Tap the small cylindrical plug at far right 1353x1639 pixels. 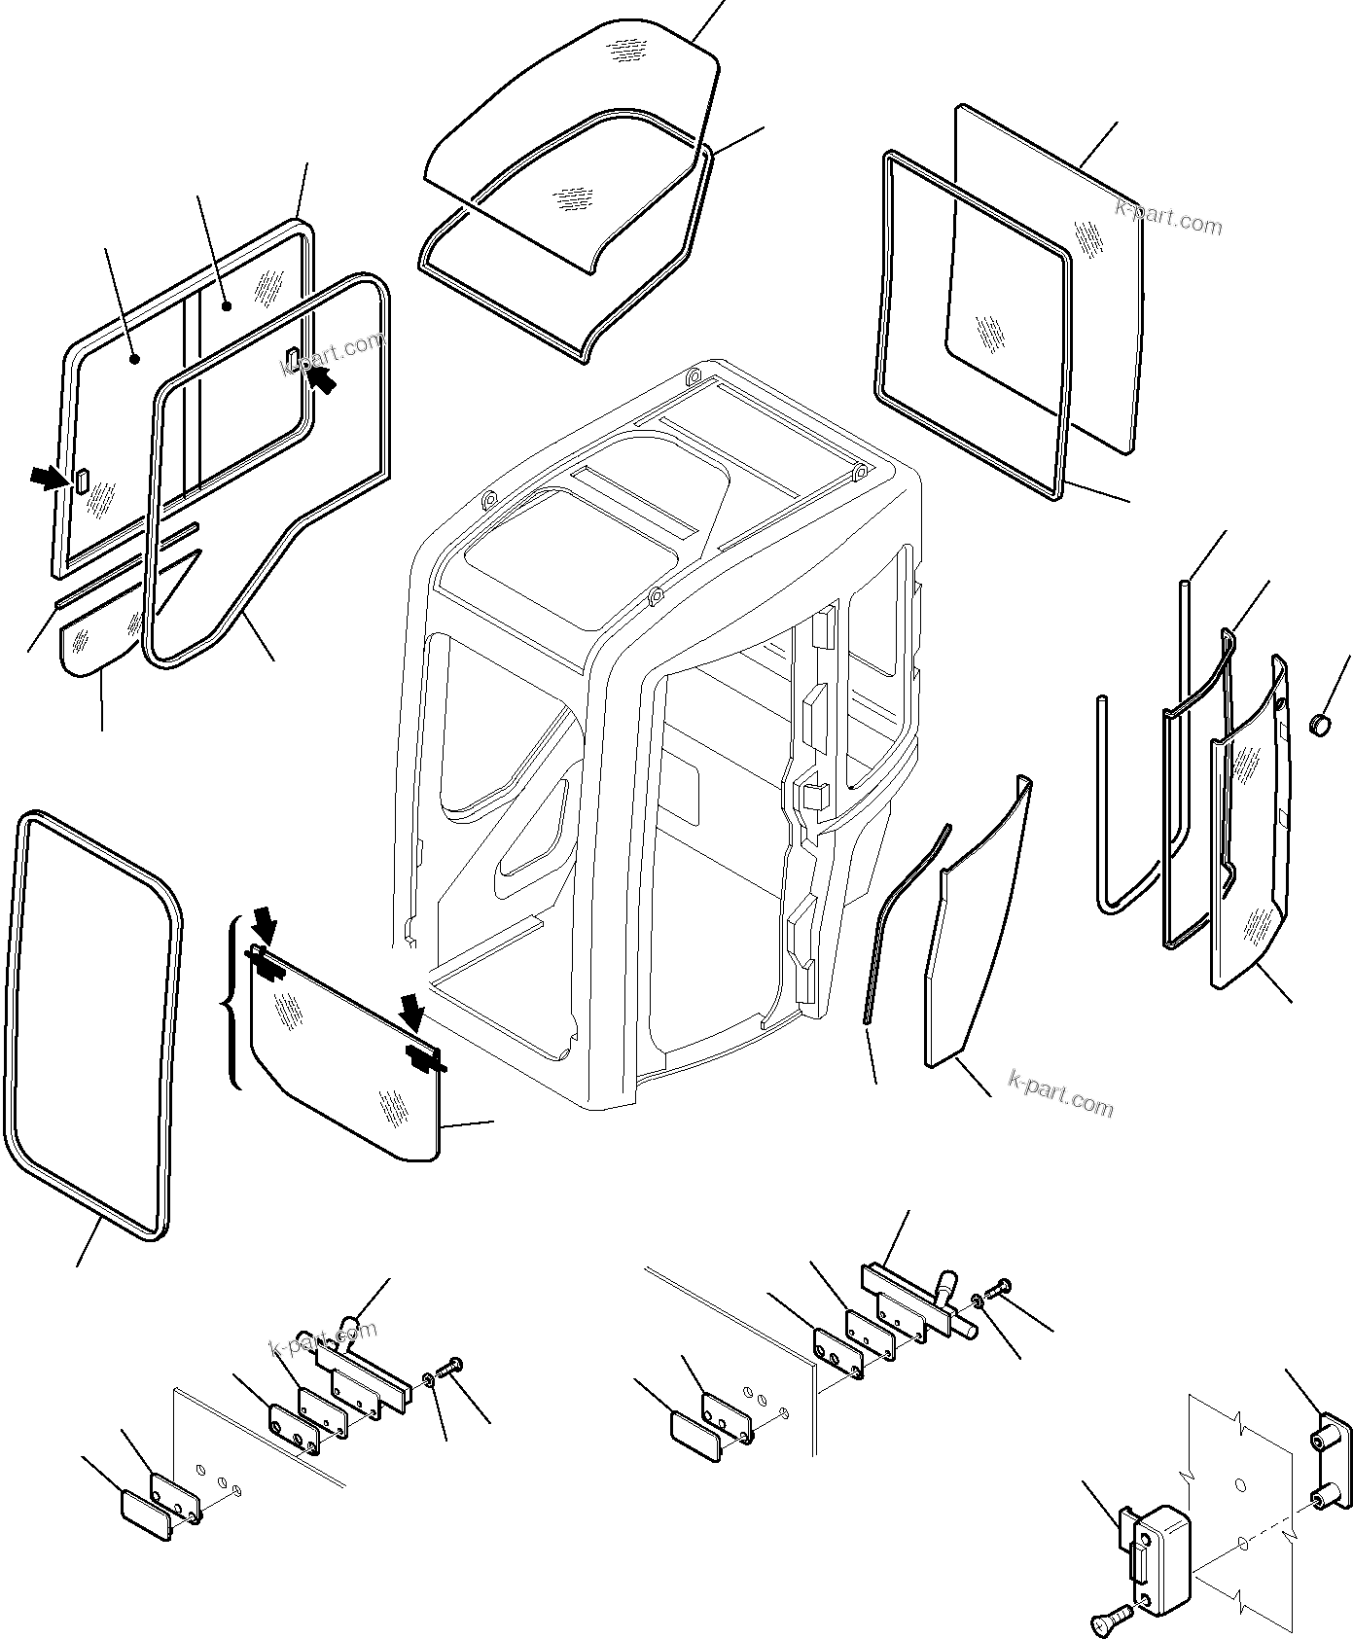[x=1321, y=726]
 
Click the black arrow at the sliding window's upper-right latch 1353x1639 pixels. [x=324, y=380]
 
